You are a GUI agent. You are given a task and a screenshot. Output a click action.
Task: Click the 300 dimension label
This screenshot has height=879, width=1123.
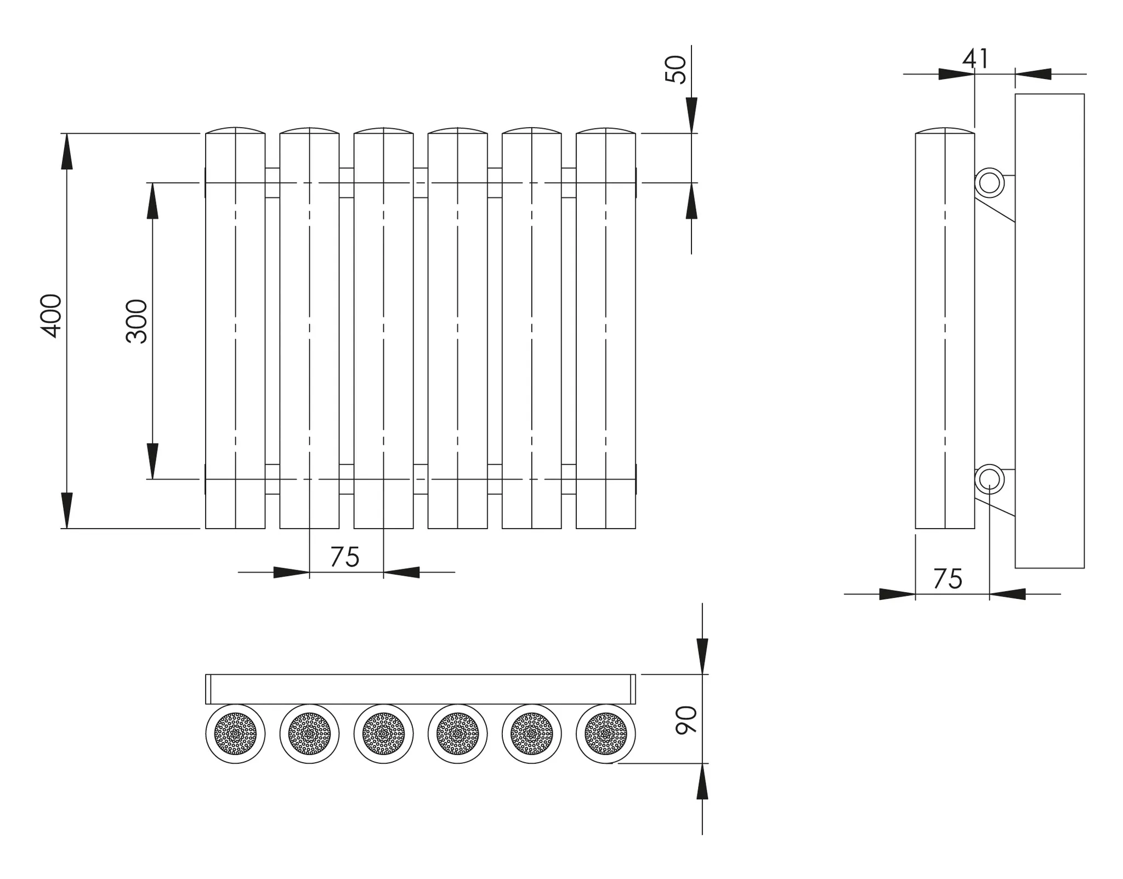[137, 322]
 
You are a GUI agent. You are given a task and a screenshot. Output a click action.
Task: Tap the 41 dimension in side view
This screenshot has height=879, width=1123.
[975, 59]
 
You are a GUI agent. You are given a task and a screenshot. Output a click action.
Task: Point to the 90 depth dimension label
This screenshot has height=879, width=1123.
[686, 720]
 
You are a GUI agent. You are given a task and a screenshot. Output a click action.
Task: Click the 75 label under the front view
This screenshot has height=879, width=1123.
[344, 558]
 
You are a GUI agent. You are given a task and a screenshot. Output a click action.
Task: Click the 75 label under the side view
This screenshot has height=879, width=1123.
[948, 580]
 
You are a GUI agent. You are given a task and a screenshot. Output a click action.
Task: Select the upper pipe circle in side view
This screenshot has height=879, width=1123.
[989, 183]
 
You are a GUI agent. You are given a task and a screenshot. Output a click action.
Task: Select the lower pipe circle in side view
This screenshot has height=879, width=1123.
[989, 479]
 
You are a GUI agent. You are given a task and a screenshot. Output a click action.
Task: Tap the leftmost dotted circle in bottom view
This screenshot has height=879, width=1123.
[235, 734]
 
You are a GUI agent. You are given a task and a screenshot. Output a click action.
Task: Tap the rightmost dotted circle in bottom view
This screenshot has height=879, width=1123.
[606, 734]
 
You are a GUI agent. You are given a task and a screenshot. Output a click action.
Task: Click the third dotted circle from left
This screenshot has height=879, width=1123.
[383, 734]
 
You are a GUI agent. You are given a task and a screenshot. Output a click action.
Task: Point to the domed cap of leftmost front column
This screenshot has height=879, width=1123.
[235, 131]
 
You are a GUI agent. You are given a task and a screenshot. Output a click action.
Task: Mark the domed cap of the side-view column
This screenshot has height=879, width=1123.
[945, 131]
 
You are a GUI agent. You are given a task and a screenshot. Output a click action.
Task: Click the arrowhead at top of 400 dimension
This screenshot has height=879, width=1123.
[66, 150]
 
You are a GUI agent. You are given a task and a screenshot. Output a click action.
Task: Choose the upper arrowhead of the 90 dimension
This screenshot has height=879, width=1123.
[702, 656]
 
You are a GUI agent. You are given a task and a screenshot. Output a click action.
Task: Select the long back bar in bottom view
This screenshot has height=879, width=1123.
[421, 689]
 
